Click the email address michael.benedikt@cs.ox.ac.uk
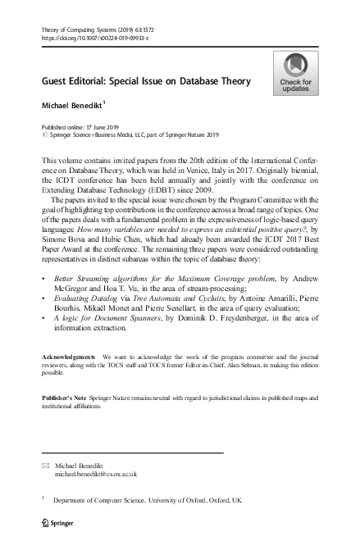(x=95, y=473)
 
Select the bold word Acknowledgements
(x=69, y=380)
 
